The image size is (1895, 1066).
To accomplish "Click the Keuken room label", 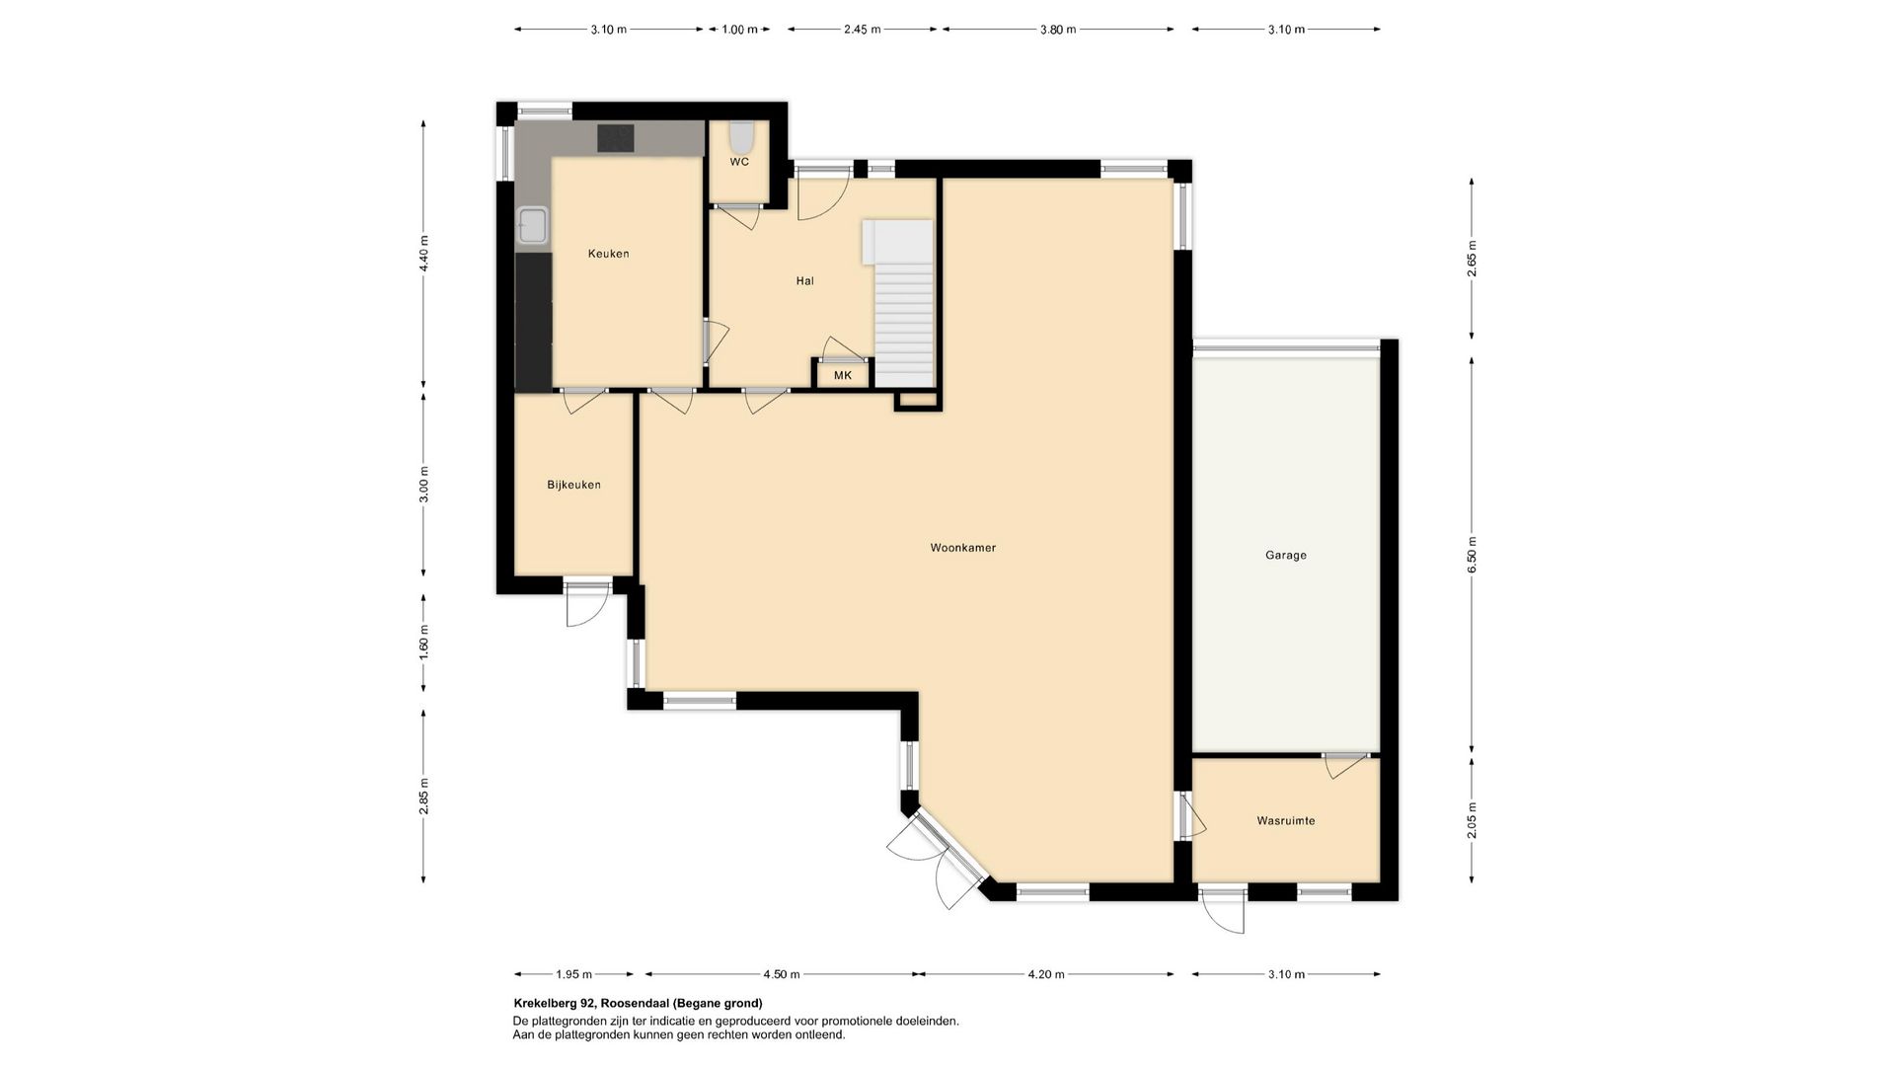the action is point(608,254).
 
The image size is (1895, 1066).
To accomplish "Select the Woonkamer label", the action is point(962,548).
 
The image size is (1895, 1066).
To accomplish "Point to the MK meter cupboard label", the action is point(842,376).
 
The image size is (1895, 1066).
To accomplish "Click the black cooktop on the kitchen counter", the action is point(616,137).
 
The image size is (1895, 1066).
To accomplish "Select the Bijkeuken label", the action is point(573,485).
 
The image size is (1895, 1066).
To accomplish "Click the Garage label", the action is point(1285,556).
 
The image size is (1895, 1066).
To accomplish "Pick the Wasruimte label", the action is point(1285,821).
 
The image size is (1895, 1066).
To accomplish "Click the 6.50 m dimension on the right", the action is point(1472,555).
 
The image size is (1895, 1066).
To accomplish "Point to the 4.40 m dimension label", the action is point(423,254).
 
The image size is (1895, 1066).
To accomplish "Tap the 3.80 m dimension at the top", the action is point(1057,30).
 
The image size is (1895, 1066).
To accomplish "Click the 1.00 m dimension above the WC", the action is point(739,30).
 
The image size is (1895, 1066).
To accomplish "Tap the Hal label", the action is point(805,281).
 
